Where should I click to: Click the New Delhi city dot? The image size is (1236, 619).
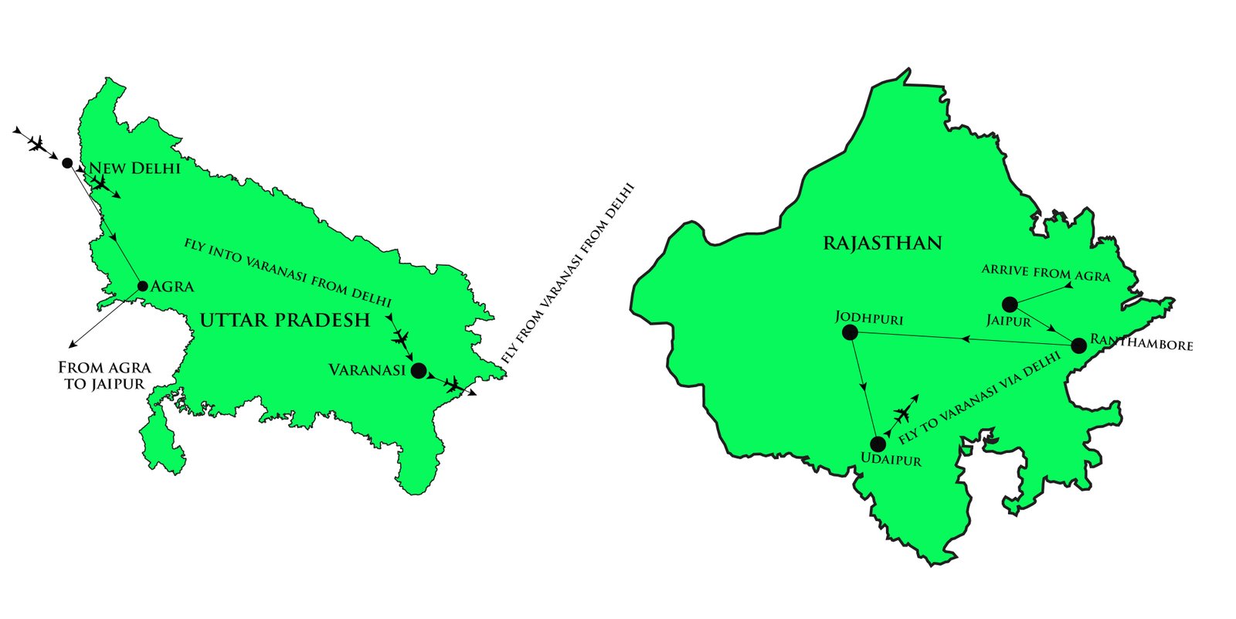[67, 163]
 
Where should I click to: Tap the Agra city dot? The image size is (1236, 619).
[142, 286]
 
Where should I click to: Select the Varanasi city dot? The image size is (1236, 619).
[418, 370]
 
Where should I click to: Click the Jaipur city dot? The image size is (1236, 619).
[1010, 304]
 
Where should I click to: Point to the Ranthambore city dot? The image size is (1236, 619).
[1078, 345]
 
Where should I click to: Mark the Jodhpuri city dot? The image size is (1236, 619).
[850, 332]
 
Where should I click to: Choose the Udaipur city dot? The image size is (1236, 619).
[878, 444]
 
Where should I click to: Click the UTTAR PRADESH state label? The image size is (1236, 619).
[285, 320]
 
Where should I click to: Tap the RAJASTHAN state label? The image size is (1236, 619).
[882, 243]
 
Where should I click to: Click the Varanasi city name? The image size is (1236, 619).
[367, 370]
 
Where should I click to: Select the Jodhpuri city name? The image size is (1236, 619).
[869, 318]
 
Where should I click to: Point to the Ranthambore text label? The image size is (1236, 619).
[1141, 342]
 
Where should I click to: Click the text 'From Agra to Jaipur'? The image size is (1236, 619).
[104, 376]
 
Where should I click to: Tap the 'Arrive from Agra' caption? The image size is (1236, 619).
[1045, 273]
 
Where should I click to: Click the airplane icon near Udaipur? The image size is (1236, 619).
[902, 415]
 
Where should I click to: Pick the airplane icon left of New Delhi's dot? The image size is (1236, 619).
[36, 143]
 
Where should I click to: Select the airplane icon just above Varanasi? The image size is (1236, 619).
[399, 338]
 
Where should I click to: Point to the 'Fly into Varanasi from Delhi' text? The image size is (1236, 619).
[287, 272]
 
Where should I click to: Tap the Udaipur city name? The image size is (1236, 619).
[891, 461]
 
